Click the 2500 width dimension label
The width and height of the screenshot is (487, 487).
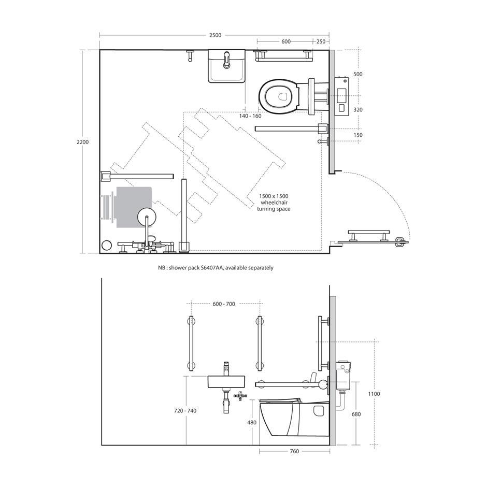point(215,35)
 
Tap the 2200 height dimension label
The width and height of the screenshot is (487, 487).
point(82,142)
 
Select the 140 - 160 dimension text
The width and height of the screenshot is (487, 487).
point(250,116)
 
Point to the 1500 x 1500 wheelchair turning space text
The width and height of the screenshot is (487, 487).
point(274,203)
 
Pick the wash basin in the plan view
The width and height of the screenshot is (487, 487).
point(227,66)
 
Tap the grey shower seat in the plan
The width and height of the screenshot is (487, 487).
point(134,207)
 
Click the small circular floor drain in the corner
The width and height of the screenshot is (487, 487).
point(107,245)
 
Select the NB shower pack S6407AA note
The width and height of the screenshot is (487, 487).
point(216,267)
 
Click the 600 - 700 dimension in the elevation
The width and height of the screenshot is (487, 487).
point(224,304)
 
